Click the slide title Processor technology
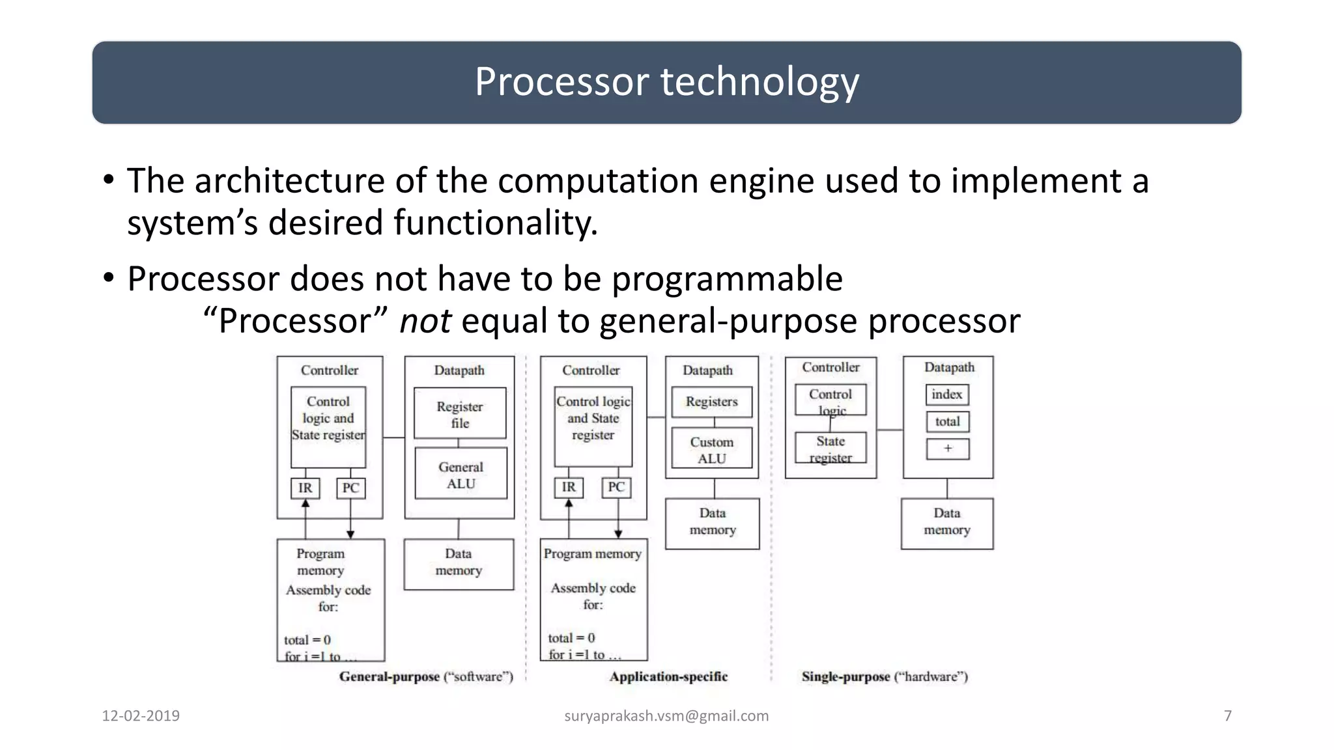coord(666,82)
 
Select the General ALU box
coord(461,475)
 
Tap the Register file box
coord(460,414)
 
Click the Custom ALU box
coord(711,449)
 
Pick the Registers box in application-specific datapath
coord(711,402)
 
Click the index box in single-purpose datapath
coord(947,395)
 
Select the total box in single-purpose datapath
coord(947,422)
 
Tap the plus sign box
coord(947,449)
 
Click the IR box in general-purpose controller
coord(305,488)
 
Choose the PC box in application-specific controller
coord(616,487)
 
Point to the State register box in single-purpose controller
coord(830,449)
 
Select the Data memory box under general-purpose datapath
coord(459,563)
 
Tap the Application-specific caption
coord(668,676)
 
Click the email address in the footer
coord(666,716)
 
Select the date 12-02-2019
coord(141,716)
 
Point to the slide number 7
coord(1228,716)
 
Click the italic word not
coord(425,321)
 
